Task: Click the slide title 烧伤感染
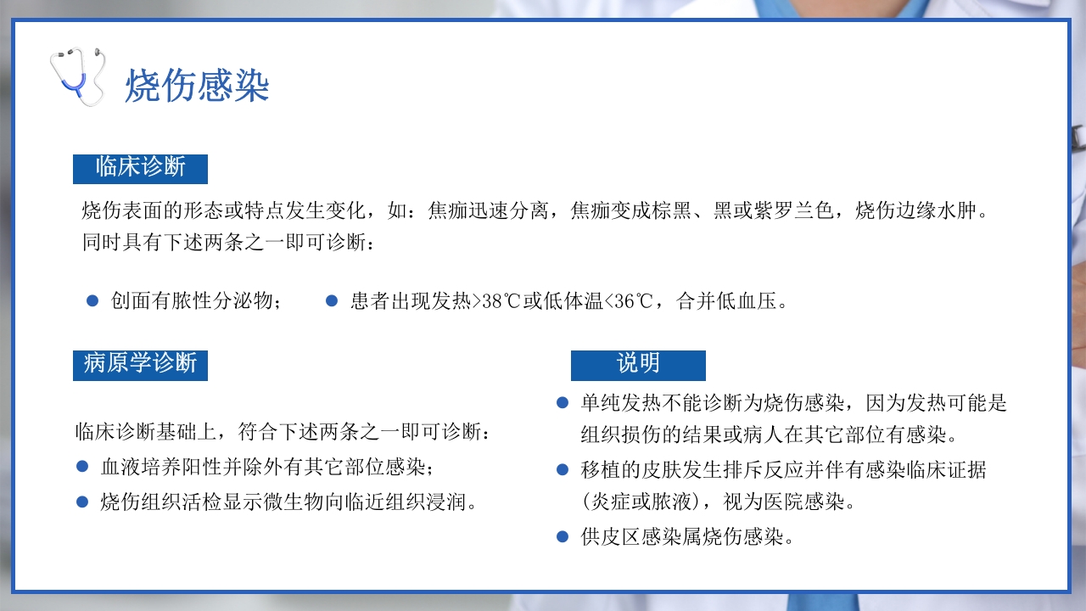(197, 86)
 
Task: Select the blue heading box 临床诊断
(140, 167)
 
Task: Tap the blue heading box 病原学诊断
(140, 364)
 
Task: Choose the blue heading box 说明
(638, 364)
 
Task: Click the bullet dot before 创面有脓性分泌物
(92, 300)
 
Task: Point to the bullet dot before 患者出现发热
(332, 300)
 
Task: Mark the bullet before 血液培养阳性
(82, 466)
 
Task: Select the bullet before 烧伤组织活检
(82, 502)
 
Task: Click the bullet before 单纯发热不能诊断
(563, 402)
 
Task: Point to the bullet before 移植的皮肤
(563, 468)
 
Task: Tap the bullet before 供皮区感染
(563, 536)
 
